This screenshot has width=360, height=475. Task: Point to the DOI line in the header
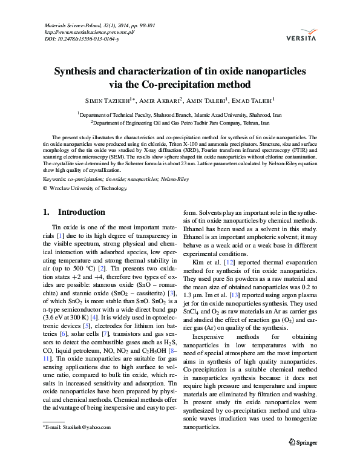tap(82, 39)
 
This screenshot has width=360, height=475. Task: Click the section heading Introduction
tap(81, 212)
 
